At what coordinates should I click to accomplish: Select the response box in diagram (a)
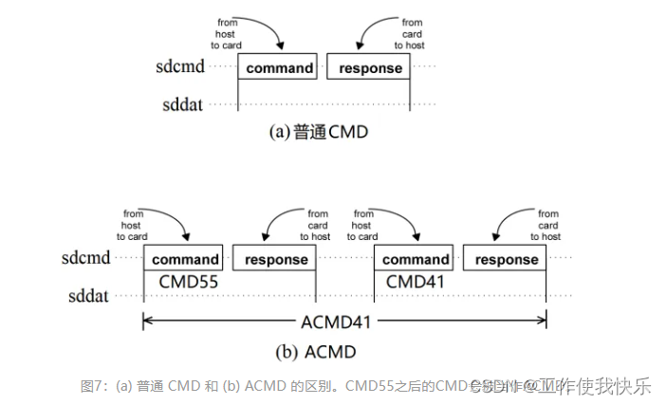(370, 68)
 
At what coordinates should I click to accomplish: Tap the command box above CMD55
(184, 259)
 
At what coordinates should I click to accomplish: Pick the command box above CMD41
(415, 259)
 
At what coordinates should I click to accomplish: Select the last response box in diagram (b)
(507, 259)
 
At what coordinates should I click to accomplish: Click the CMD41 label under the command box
(415, 282)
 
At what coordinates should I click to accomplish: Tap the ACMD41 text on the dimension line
(344, 321)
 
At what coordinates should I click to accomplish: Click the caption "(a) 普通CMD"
(319, 133)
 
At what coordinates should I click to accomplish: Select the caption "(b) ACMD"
(317, 352)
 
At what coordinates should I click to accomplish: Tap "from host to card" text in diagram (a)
(226, 33)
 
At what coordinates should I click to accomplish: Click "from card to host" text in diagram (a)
(412, 33)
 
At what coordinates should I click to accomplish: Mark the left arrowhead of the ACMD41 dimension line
(147, 321)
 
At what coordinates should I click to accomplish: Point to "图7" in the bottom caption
(91, 386)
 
